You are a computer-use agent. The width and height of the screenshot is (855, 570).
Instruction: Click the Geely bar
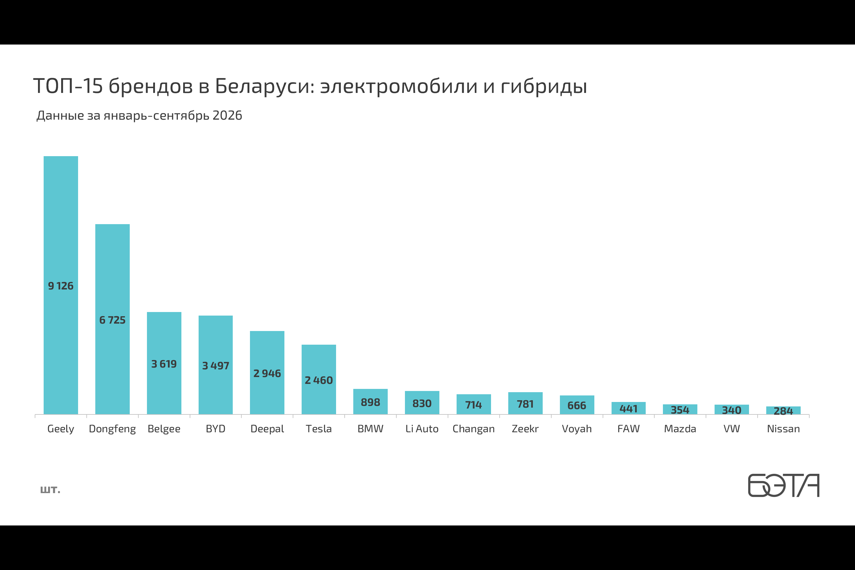click(61, 285)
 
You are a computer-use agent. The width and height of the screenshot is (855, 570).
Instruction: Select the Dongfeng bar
click(112, 319)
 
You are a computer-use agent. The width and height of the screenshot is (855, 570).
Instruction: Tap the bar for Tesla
click(319, 379)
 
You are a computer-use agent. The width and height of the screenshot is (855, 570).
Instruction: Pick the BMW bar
click(370, 402)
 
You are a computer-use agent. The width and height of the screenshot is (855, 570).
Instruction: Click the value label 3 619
click(164, 364)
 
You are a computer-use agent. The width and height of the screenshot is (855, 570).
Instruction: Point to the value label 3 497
click(216, 366)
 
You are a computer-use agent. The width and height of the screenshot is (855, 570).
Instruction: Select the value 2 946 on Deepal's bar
click(267, 373)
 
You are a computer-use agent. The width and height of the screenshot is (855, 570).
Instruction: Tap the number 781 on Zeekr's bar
click(525, 404)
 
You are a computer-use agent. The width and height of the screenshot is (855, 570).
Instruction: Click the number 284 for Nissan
click(783, 411)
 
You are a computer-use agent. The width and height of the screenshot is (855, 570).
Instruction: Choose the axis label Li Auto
click(422, 429)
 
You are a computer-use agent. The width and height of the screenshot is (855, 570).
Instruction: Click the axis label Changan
click(474, 429)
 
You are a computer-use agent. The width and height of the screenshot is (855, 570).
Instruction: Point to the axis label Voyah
click(577, 429)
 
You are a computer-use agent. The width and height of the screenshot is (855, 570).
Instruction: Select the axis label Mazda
click(680, 429)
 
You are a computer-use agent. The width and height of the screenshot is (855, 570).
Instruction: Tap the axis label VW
click(732, 429)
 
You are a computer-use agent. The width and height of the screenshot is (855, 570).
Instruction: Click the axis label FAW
click(628, 429)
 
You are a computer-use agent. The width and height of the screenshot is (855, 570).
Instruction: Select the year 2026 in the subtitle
click(227, 115)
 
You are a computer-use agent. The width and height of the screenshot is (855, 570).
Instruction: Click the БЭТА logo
click(784, 485)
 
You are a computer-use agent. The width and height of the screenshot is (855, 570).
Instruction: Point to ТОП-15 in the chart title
click(68, 86)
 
